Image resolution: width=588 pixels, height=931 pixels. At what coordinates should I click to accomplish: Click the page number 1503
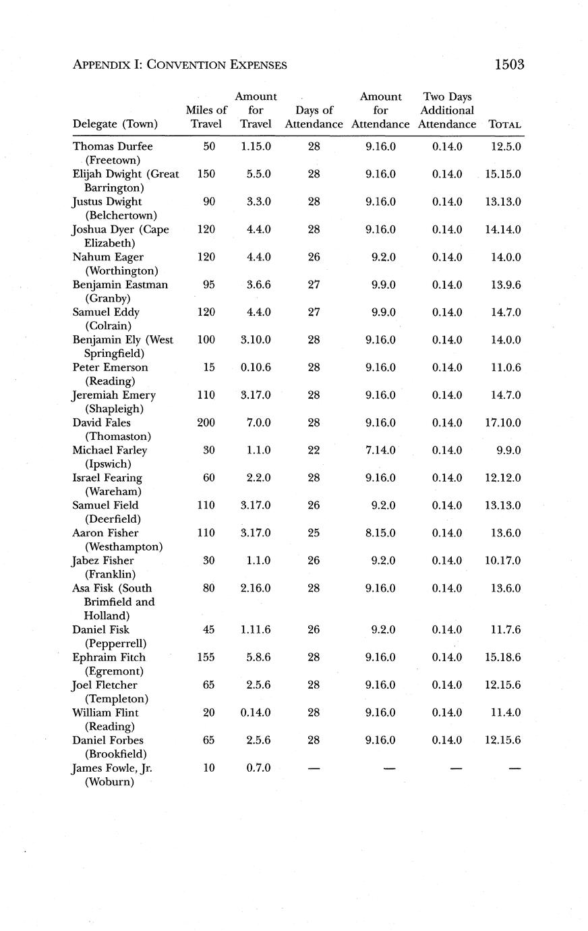point(509,65)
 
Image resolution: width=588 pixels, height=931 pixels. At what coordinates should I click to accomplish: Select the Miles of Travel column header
point(206,117)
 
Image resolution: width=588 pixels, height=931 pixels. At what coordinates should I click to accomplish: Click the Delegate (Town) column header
point(115,124)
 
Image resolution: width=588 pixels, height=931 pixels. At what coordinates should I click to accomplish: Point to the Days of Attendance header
point(314,117)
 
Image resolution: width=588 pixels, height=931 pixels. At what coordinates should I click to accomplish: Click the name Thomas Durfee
point(113,146)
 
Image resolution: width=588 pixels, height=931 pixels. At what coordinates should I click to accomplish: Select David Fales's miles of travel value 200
point(206,423)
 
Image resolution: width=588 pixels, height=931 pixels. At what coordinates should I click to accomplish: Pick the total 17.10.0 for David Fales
point(503,423)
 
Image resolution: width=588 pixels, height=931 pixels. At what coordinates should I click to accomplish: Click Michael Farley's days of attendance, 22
point(314,451)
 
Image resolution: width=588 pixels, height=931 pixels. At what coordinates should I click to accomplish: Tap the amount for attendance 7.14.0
point(381,451)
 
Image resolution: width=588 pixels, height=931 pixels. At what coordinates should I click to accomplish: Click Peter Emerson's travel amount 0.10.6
point(256,368)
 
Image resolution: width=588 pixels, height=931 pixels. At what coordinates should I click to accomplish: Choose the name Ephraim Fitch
point(109,657)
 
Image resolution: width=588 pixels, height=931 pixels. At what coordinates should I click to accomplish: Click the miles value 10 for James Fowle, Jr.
point(209,768)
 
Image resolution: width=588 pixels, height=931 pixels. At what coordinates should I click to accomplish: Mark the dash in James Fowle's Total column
point(514,768)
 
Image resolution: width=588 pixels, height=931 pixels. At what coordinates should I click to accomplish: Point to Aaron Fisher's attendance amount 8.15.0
point(381,533)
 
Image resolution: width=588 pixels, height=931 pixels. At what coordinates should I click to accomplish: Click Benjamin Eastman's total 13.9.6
point(506,285)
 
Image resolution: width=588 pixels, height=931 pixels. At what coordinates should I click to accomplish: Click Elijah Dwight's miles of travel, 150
point(206,174)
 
